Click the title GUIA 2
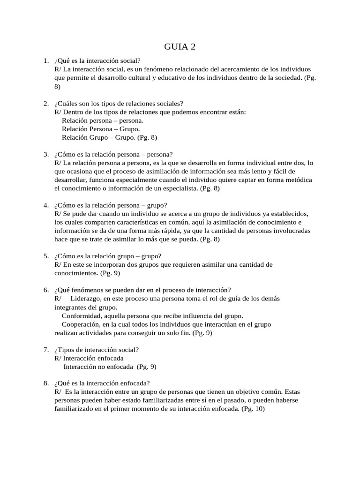pyautogui.click(x=180, y=46)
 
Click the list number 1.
pyautogui.click(x=45, y=60)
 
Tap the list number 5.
pyautogui.click(x=45, y=256)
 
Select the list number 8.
pyautogui.click(x=45, y=382)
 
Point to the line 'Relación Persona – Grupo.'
pyautogui.click(x=100, y=129)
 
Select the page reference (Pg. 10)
pyautogui.click(x=253, y=409)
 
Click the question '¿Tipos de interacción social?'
pyautogui.click(x=97, y=350)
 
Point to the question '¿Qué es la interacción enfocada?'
pyautogui.click(x=102, y=382)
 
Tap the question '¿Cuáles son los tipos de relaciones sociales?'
pyautogui.click(x=119, y=104)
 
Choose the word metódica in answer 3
pyautogui.click(x=297, y=180)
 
